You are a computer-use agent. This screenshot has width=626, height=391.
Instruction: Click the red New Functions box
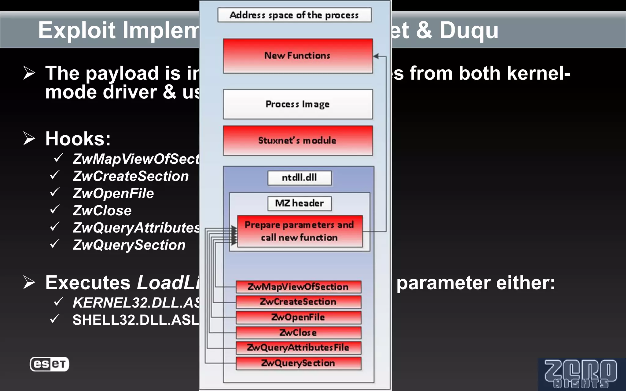(x=298, y=56)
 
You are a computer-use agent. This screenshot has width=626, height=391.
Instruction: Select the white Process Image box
(x=298, y=104)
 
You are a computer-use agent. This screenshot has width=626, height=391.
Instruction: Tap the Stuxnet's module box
(x=298, y=141)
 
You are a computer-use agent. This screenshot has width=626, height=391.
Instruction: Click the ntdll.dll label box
(x=299, y=178)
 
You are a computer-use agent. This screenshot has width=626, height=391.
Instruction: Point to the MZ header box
(x=299, y=203)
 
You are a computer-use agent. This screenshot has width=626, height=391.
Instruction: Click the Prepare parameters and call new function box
(x=300, y=231)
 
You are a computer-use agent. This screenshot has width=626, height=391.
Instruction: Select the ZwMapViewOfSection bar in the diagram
(x=298, y=287)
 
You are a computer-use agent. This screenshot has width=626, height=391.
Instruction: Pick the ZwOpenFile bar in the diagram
(x=298, y=317)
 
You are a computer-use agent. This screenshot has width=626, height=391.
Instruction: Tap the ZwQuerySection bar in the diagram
(x=298, y=363)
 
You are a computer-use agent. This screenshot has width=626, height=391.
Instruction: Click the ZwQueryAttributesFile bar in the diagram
(x=298, y=348)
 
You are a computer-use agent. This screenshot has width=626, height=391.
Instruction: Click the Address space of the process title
(x=294, y=15)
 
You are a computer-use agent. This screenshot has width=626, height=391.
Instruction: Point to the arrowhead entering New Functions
(x=376, y=56)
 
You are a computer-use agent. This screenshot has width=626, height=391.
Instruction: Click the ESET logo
(x=49, y=364)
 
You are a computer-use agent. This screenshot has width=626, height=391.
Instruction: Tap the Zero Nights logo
(x=581, y=374)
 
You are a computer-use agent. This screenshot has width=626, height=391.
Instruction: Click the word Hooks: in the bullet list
(x=78, y=139)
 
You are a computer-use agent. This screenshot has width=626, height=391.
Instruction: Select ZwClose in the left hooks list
(x=102, y=211)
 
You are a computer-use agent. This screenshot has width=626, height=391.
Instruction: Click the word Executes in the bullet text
(x=88, y=283)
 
